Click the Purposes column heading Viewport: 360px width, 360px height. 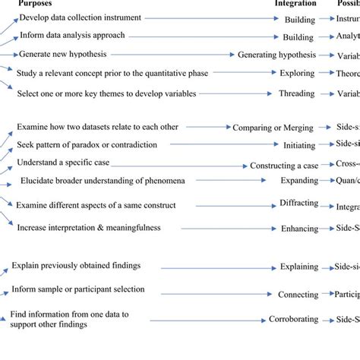click(x=36, y=4)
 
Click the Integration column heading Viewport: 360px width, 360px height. click(x=295, y=4)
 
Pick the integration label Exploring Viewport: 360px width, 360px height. click(x=297, y=74)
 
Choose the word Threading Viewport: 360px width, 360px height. click(x=298, y=94)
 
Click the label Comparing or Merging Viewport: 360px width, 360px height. click(x=272, y=128)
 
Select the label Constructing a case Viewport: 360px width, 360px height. click(x=286, y=165)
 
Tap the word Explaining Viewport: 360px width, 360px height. click(x=298, y=267)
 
